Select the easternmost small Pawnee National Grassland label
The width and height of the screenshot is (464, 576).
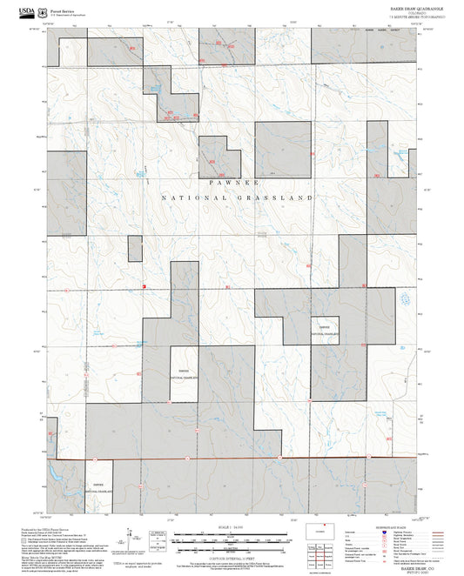point(325,331)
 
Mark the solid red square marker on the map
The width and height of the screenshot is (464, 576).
point(143,286)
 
